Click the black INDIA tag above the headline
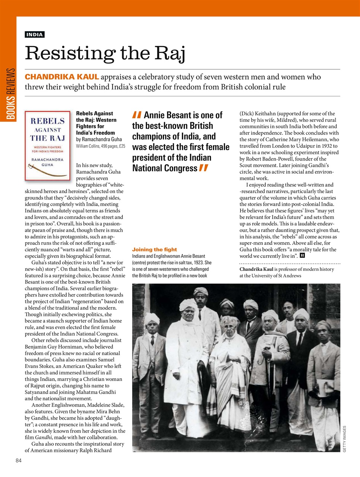click(x=35, y=35)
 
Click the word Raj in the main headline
click(x=170, y=53)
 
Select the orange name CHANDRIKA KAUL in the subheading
click(x=62, y=77)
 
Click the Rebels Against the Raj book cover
click(x=47, y=146)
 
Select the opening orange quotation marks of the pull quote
click(x=137, y=115)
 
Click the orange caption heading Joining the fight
click(x=154, y=250)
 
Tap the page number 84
click(x=19, y=461)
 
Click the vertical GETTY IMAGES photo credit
click(x=344, y=439)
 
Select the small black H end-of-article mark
click(x=302, y=256)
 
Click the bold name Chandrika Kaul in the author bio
click(x=256, y=269)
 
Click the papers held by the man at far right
click(x=325, y=388)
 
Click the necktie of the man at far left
click(x=152, y=339)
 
